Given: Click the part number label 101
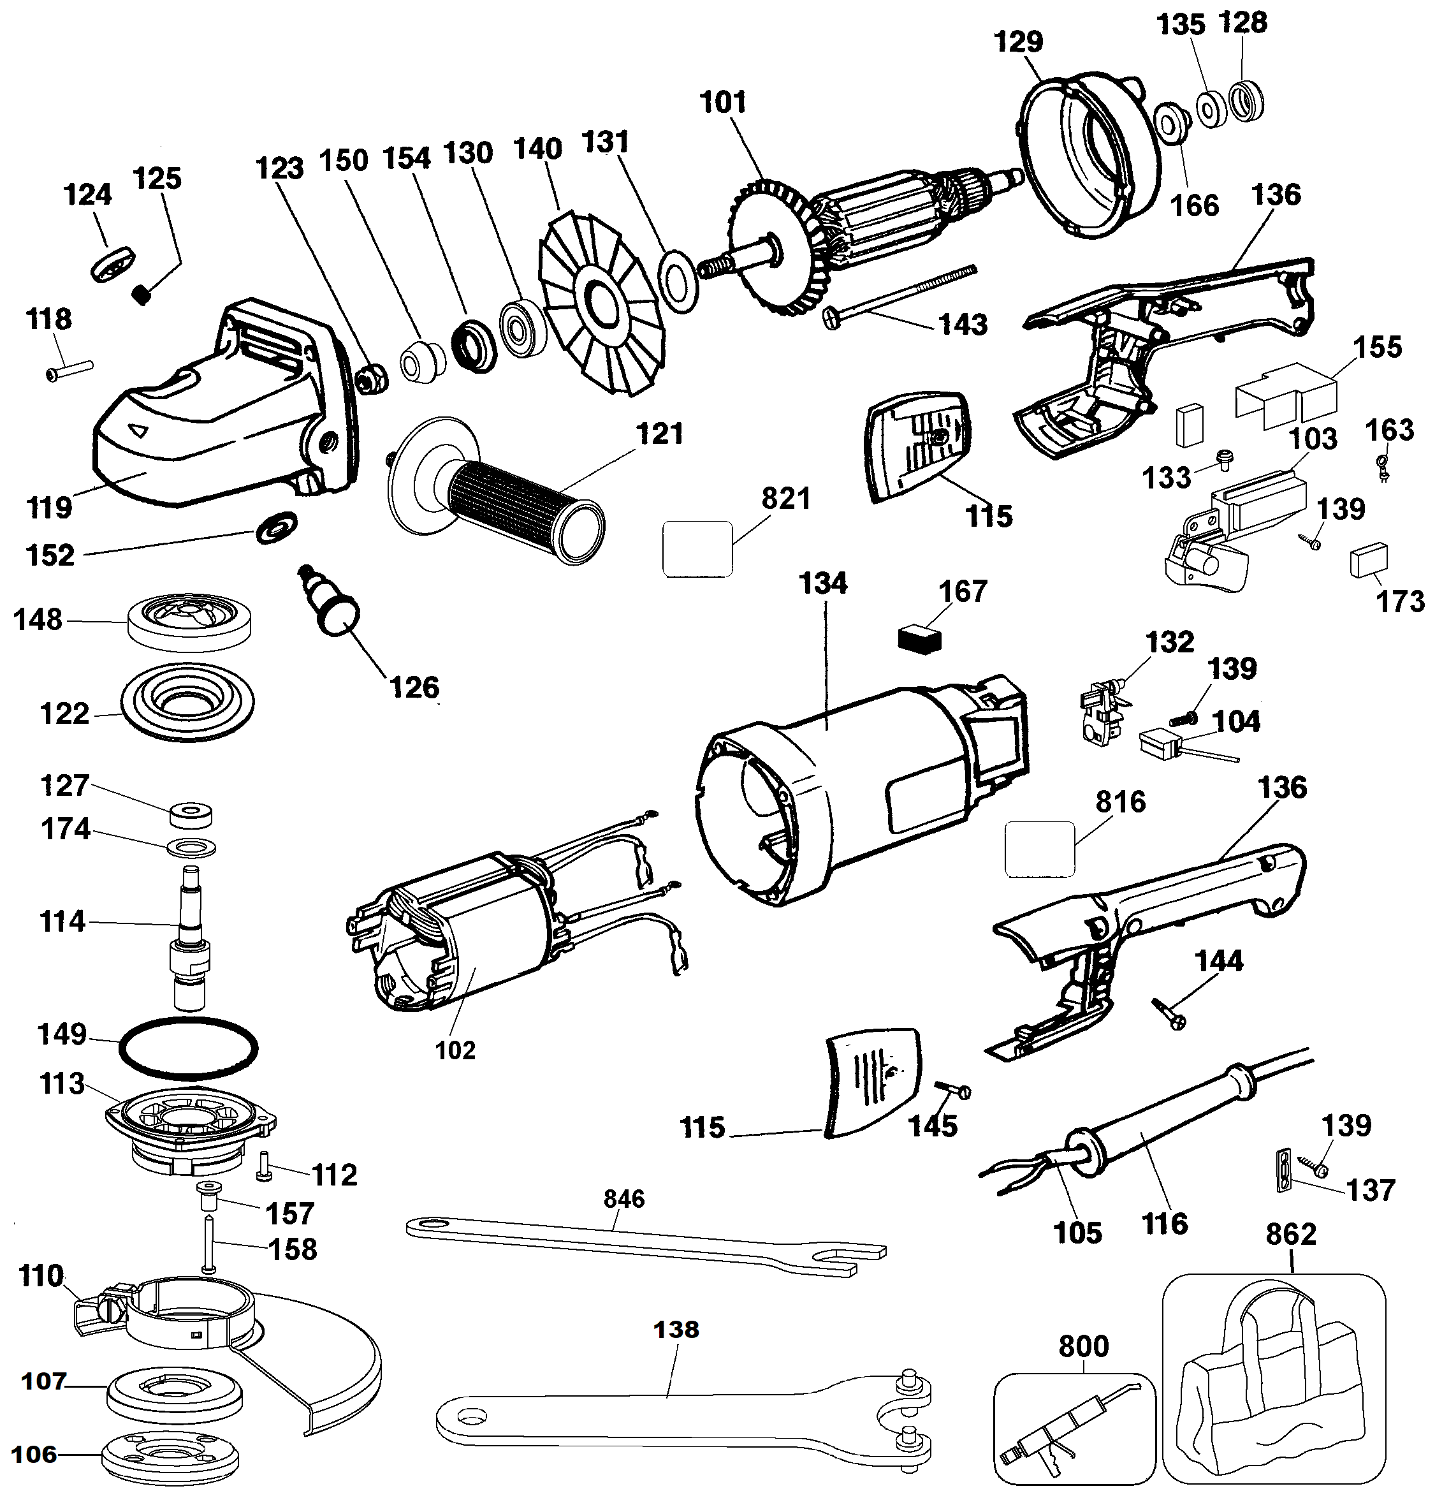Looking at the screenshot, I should (x=723, y=101).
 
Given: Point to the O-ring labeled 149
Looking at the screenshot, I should (x=189, y=1048).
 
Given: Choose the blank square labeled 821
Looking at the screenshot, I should (x=697, y=549).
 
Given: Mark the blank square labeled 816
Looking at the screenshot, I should (x=1039, y=849).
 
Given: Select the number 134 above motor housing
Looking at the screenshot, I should (x=823, y=583).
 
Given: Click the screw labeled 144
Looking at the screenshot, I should (x=1169, y=1012).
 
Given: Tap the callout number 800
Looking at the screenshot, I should (x=1084, y=1346).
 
